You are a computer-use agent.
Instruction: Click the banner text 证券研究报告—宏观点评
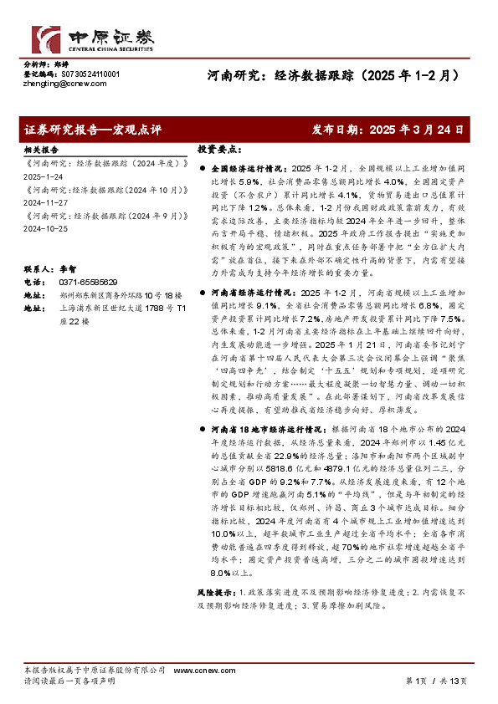click(93, 130)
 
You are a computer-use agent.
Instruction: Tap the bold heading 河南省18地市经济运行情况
click(260, 426)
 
